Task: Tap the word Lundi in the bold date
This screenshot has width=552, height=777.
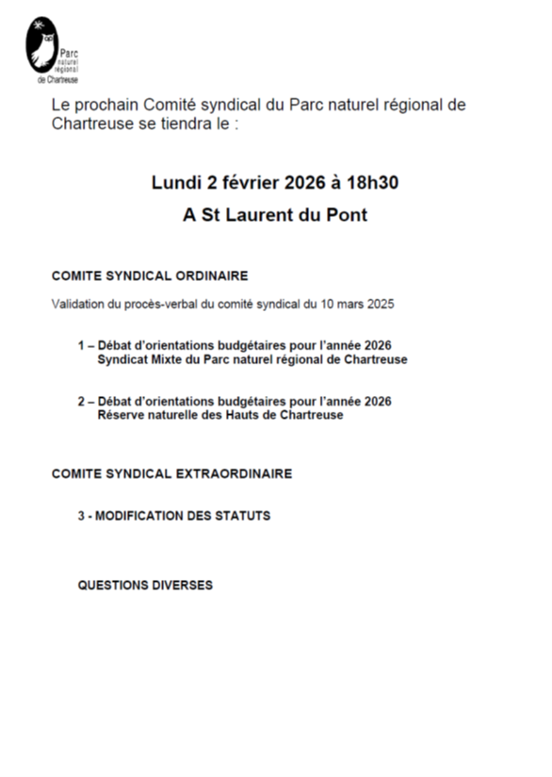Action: [175, 182]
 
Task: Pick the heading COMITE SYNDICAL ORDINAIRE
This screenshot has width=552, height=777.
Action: [150, 276]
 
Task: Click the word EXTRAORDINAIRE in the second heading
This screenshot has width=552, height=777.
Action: [234, 473]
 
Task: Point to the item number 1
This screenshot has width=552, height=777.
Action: [81, 346]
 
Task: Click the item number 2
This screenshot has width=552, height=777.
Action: [81, 402]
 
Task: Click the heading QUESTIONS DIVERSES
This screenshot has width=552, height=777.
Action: [145, 585]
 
